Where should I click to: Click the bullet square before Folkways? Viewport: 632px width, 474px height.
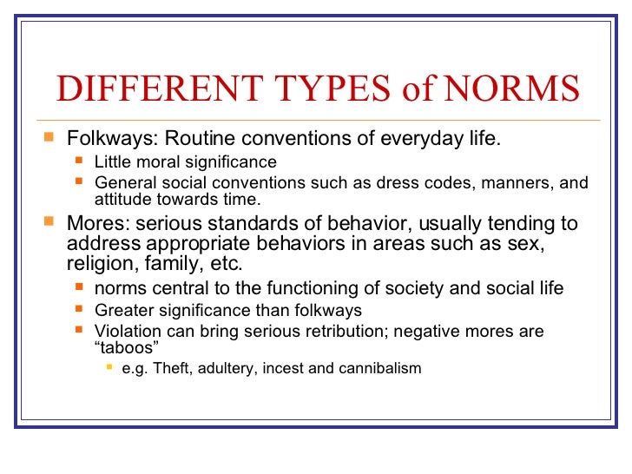49,137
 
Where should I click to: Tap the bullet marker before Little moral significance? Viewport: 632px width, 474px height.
79,161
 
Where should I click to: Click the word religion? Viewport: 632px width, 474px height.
100,265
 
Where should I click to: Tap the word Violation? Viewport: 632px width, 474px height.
126,332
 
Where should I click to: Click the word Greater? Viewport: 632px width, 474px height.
122,310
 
